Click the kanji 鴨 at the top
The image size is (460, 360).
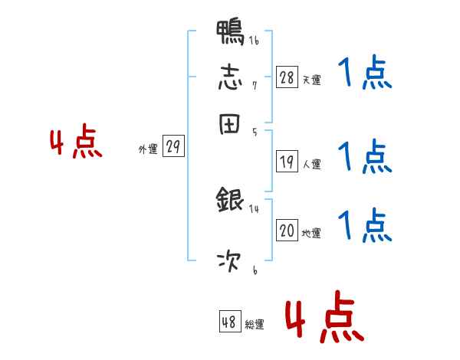pyautogui.click(x=230, y=34)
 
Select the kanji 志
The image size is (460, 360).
pyautogui.click(x=230, y=78)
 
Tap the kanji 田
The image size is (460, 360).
pyautogui.click(x=230, y=124)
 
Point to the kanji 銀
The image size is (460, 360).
pyautogui.click(x=230, y=201)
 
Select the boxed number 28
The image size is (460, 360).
pyautogui.click(x=287, y=77)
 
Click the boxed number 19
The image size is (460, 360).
pyautogui.click(x=287, y=162)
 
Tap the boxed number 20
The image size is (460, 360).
pyautogui.click(x=287, y=231)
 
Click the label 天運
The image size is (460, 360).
pyautogui.click(x=311, y=80)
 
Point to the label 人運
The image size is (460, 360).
pyautogui.click(x=311, y=164)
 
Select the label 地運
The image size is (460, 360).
pyautogui.click(x=311, y=233)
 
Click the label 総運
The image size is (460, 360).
pyautogui.click(x=254, y=325)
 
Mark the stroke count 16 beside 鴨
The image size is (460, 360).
pyautogui.click(x=254, y=41)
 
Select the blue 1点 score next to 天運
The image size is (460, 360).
pyautogui.click(x=364, y=75)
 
